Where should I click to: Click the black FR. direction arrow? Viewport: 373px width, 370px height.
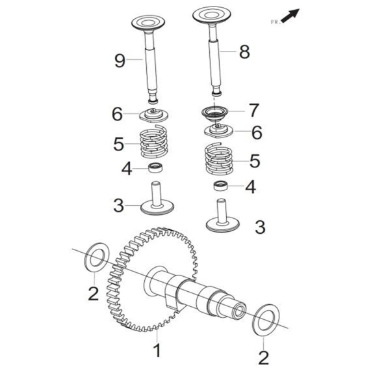[x=290, y=16]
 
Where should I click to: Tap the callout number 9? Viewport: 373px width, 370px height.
[x=120, y=61]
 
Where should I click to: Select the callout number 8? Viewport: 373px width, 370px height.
[x=244, y=52]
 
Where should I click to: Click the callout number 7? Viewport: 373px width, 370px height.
[x=254, y=110]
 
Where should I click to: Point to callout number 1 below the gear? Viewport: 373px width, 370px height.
[x=157, y=350]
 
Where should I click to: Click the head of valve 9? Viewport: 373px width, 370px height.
[x=148, y=23]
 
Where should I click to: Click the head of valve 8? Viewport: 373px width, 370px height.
[x=212, y=15]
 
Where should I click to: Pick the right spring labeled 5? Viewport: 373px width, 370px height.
[x=219, y=159]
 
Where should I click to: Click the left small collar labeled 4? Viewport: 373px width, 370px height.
[x=155, y=167]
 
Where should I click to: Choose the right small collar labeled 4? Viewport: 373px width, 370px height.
[x=220, y=186]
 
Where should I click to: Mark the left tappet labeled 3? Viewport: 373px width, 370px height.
[x=157, y=199]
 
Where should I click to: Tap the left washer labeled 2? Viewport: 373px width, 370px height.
[x=97, y=257]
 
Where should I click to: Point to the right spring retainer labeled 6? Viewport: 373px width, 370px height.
[x=218, y=130]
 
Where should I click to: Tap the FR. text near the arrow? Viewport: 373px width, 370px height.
[x=276, y=22]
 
